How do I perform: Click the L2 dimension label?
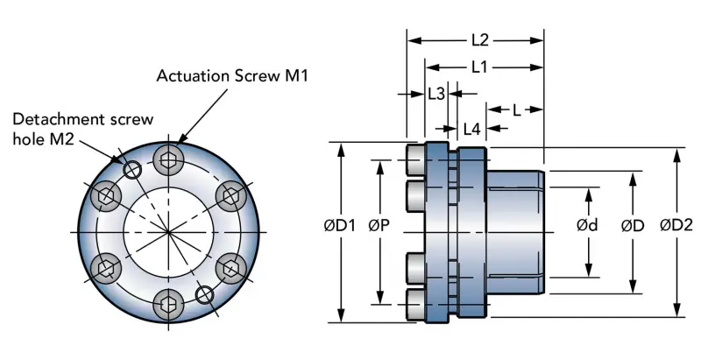click(480, 40)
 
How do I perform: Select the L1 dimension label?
click(479, 67)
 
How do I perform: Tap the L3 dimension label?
click(436, 94)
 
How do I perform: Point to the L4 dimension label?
click(471, 129)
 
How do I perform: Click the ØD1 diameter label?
click(340, 226)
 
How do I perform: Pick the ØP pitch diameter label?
click(379, 226)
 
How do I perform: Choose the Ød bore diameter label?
click(587, 226)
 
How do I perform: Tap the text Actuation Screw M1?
click(232, 75)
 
